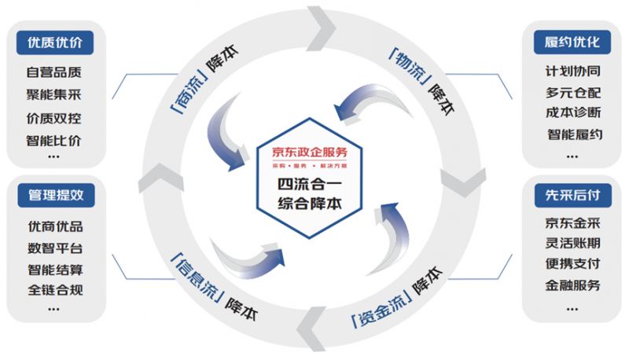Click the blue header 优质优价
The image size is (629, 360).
click(54, 42)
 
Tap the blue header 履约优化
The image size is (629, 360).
click(572, 42)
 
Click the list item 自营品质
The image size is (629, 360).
click(54, 72)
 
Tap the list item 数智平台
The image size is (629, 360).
click(54, 248)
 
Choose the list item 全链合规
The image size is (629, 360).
click(54, 290)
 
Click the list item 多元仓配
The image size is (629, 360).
click(573, 92)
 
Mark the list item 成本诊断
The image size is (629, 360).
click(573, 112)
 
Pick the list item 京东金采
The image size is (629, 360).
click(573, 222)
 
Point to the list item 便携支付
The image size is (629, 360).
click(573, 263)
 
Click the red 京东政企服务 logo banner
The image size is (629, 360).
click(314, 152)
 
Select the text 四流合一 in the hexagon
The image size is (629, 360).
click(314, 186)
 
